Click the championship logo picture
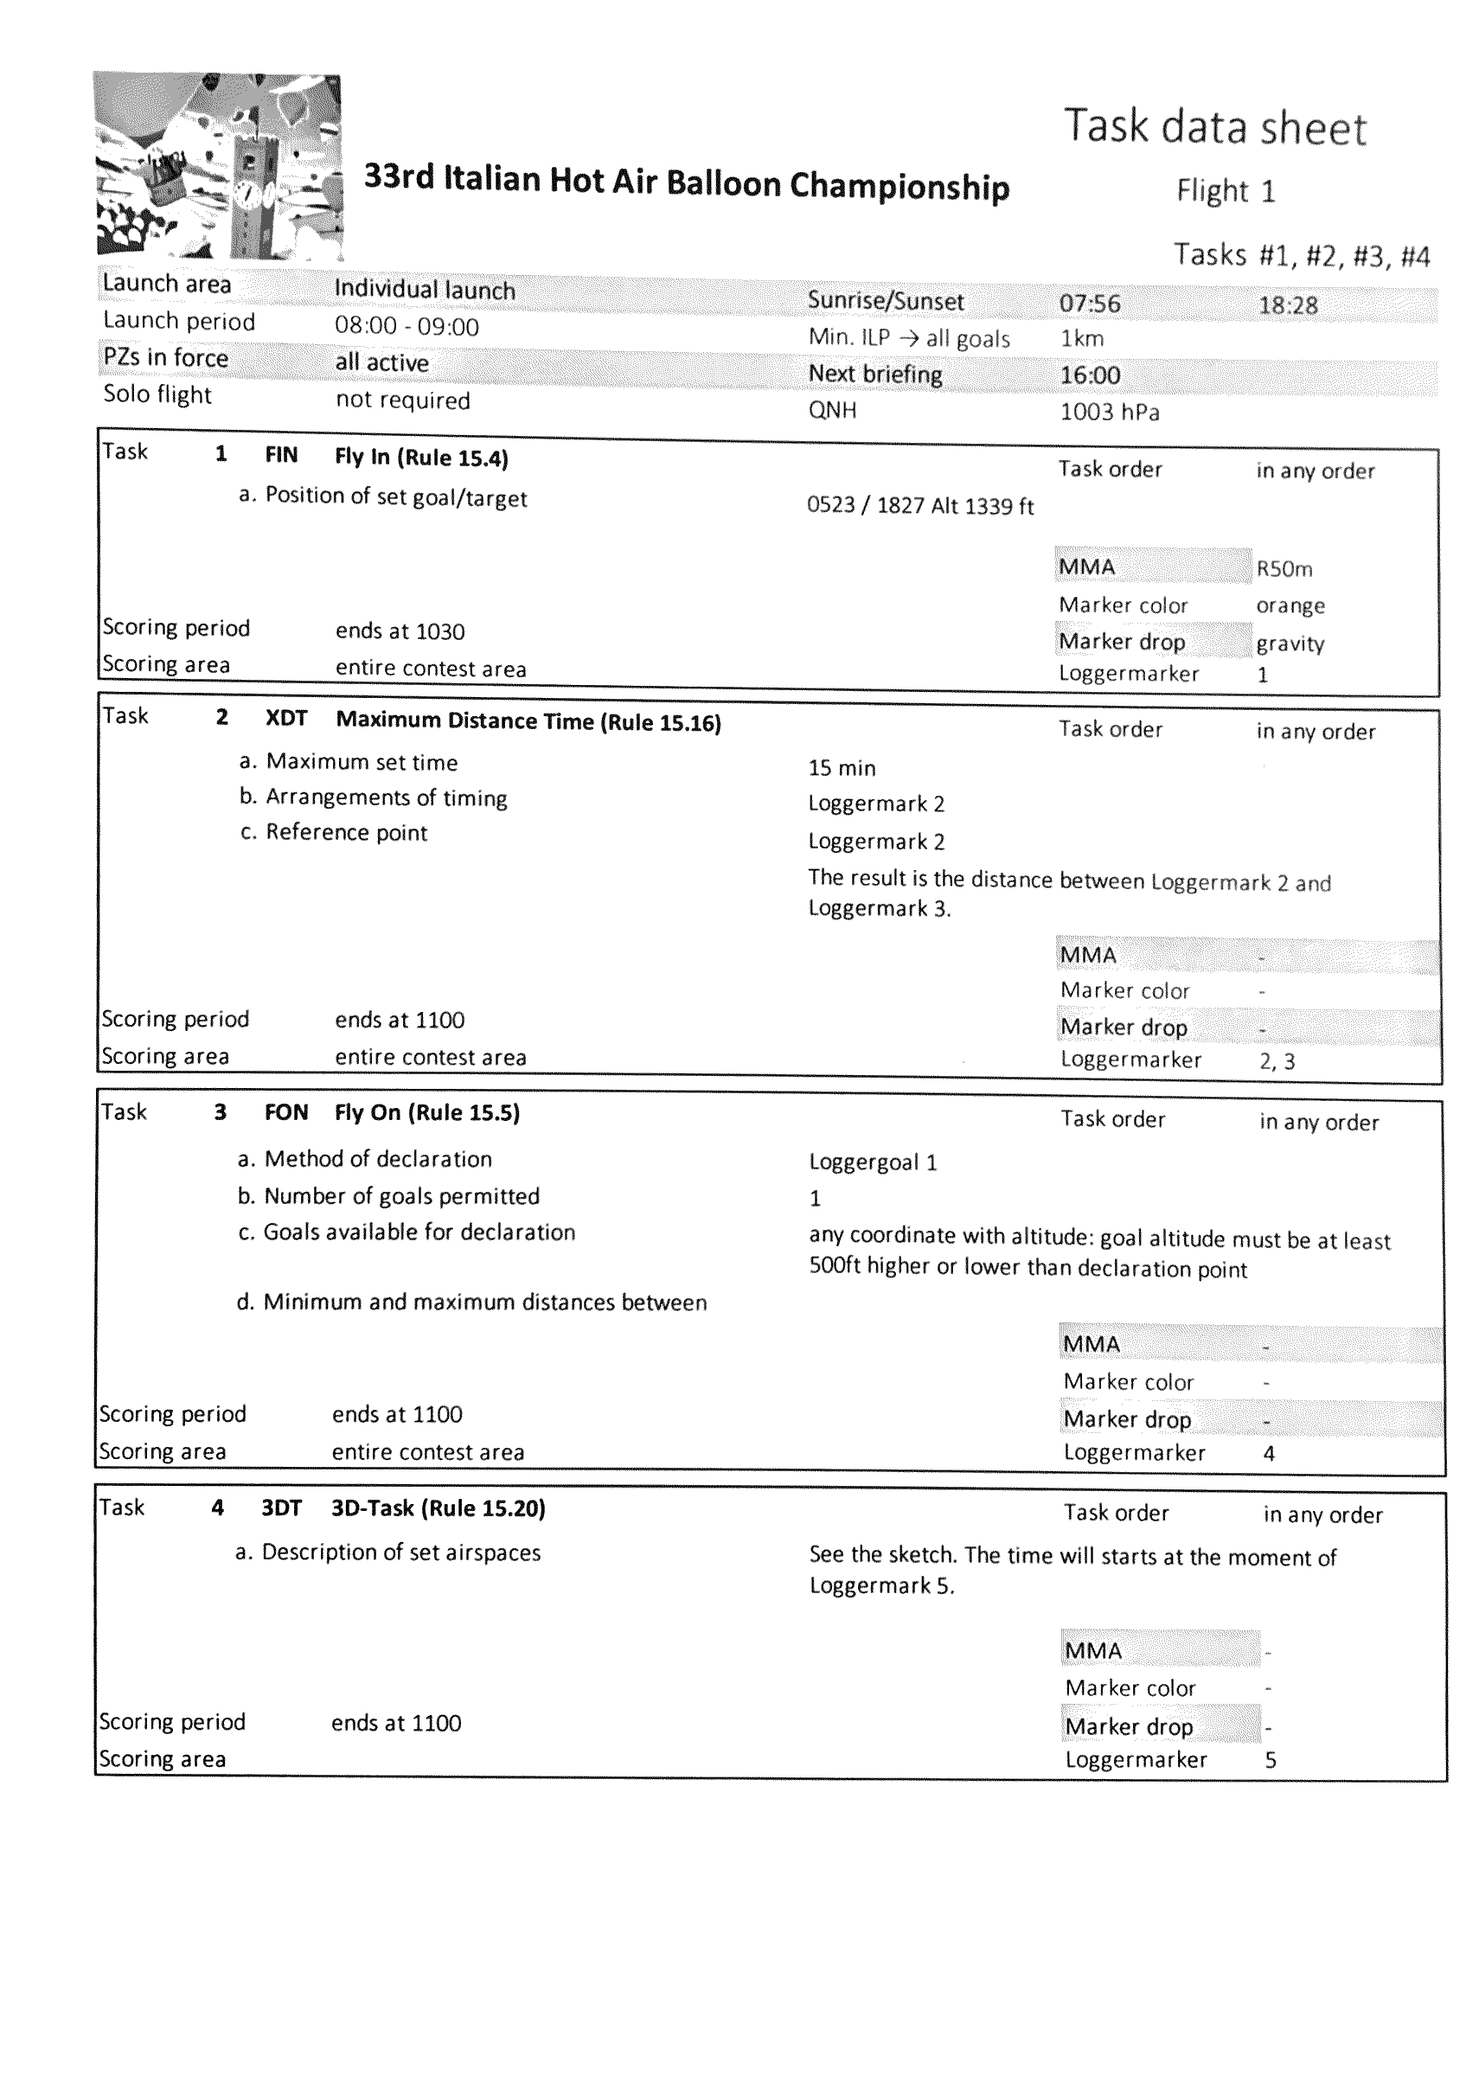coord(219,167)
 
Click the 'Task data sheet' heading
coord(1215,128)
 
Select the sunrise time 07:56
coord(1089,304)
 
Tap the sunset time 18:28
coord(1288,305)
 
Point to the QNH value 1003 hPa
coord(1109,413)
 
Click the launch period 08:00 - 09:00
coord(407,327)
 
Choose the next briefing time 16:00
coord(1090,375)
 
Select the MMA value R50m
coord(1284,569)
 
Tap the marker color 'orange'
coord(1290,605)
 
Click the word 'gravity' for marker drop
coord(1290,643)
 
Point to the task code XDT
coord(286,719)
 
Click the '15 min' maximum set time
coord(842,768)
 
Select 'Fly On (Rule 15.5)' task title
coord(427,1113)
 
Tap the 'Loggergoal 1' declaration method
coord(873,1162)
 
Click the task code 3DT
coord(281,1508)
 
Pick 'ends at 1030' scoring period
coord(400,631)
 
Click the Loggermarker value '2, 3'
coord(1277,1061)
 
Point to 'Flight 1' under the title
coord(1225,191)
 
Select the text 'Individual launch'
coord(425,290)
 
